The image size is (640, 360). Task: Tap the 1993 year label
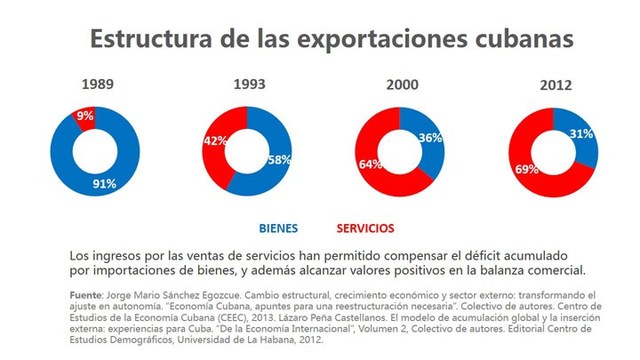(x=249, y=85)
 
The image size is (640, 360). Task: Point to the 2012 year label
(x=556, y=85)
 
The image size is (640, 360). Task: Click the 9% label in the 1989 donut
(x=85, y=116)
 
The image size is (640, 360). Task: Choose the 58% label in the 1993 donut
(x=279, y=160)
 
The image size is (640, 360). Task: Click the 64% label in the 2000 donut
(x=372, y=164)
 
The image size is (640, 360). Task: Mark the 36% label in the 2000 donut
(x=431, y=138)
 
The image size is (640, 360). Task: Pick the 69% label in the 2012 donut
(x=526, y=171)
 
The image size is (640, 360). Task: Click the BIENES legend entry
(x=277, y=228)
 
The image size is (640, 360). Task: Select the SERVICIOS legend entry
(x=358, y=228)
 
